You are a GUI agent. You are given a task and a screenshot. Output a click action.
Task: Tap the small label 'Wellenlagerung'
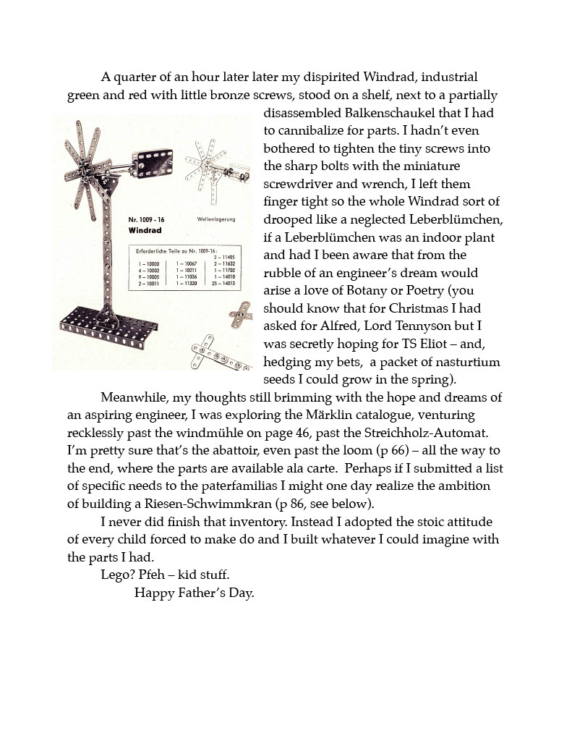(215, 219)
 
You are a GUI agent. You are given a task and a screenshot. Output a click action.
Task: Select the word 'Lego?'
(117, 575)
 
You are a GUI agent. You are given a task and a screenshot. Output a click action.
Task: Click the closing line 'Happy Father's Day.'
(195, 593)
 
